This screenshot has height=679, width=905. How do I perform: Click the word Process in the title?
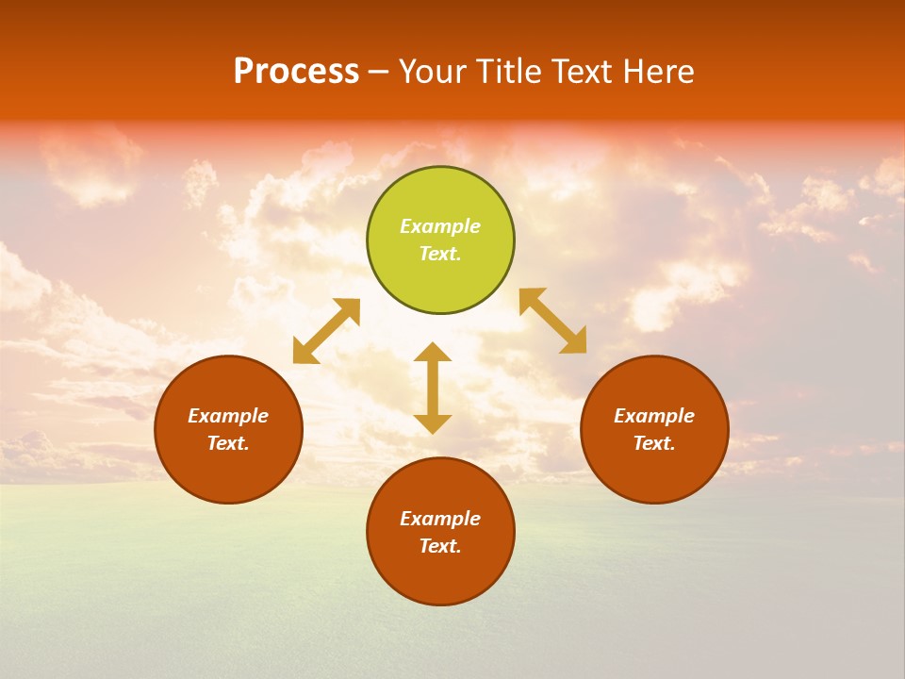point(296,72)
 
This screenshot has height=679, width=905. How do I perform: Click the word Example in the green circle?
point(440,226)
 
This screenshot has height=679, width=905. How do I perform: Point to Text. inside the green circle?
point(440,254)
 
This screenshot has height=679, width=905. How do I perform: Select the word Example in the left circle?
point(228,416)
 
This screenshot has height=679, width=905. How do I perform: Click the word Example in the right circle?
point(654,416)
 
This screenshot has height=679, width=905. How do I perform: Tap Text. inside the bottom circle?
point(440,546)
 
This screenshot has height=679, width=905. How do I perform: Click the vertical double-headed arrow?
point(433,388)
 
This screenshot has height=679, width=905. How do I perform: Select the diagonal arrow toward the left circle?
point(326,331)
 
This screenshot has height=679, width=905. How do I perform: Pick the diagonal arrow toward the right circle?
point(553,321)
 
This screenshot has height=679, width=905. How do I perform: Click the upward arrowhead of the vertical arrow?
point(433,352)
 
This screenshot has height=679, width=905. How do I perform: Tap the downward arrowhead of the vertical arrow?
point(433,423)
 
